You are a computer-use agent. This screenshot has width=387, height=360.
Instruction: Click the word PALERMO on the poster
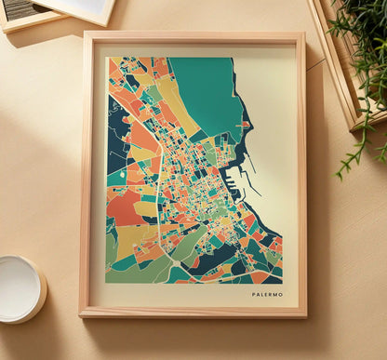[267, 294]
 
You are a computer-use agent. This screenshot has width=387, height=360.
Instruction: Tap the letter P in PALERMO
[253, 294]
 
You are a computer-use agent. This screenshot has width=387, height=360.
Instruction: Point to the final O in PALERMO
[281, 294]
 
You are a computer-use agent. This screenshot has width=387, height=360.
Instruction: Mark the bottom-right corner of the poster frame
[305, 315]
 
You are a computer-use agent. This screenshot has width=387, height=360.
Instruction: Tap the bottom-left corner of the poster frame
[82, 315]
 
